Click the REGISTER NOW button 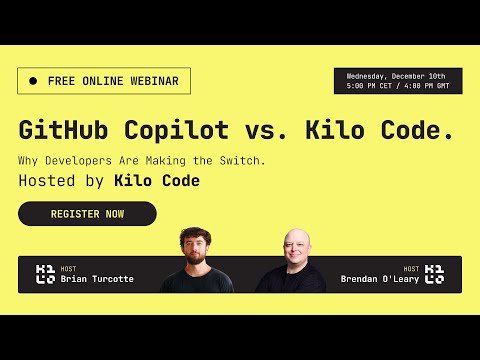click(x=87, y=214)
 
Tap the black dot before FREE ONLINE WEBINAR click(x=33, y=81)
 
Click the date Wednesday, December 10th click(x=397, y=76)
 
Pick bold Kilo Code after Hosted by click(x=157, y=181)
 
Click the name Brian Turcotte click(x=97, y=279)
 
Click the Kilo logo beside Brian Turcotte click(x=45, y=274)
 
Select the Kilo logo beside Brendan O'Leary click(x=434, y=274)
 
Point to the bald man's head click(x=290, y=246)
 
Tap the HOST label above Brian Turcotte click(x=68, y=269)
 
